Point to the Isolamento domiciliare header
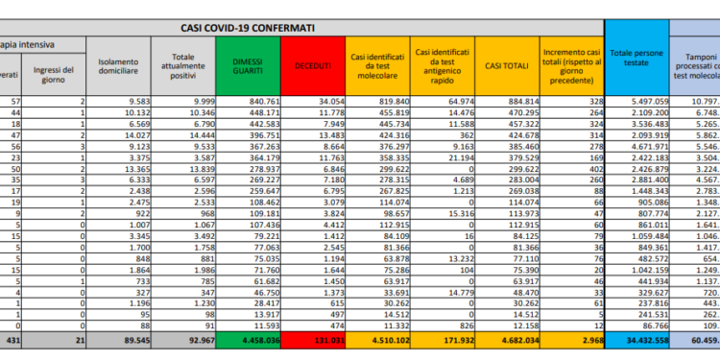click(118, 66)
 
